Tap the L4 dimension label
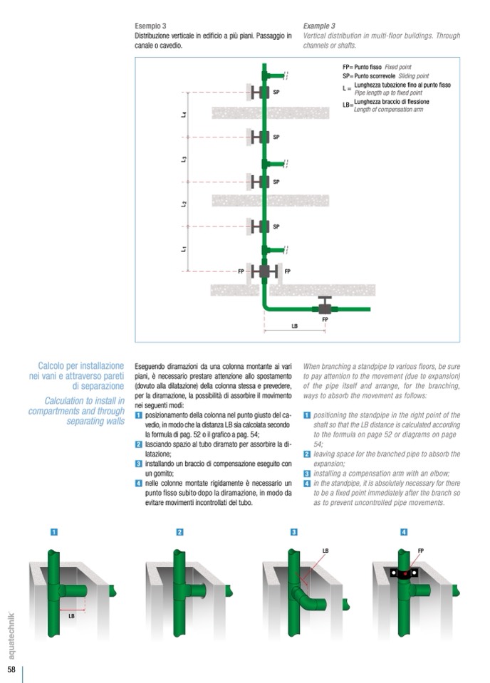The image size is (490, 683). point(184,115)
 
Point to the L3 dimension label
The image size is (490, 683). point(184,159)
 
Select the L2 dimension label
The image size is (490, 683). point(184,204)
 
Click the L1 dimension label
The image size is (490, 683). point(184,249)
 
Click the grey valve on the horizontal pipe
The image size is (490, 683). point(325,308)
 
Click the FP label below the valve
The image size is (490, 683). point(325,320)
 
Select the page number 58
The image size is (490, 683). point(12,669)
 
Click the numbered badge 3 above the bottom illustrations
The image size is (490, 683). point(293,531)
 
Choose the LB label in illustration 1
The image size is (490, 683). point(71,616)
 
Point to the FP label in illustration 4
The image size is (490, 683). point(420,551)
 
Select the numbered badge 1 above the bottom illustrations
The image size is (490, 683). point(54,531)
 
